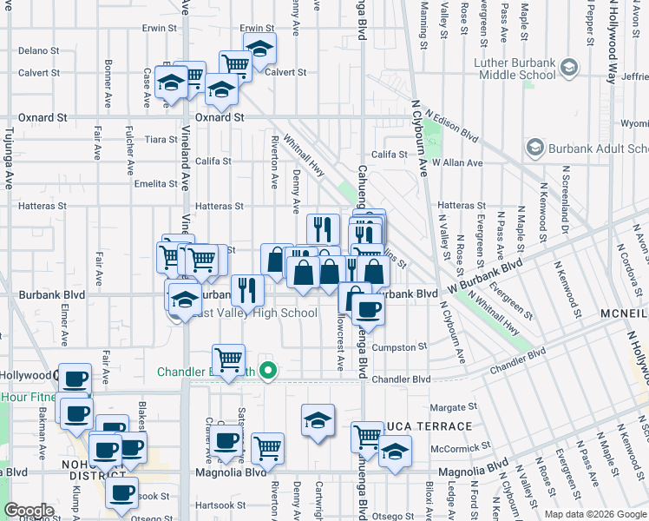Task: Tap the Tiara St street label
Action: click(x=161, y=139)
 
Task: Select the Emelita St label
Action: click(x=156, y=183)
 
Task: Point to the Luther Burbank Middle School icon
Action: click(x=569, y=67)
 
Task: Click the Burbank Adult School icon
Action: click(x=534, y=148)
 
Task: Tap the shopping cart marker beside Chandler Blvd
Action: click(x=228, y=359)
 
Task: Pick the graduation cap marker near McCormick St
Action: click(x=395, y=452)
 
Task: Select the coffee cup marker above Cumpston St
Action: click(x=368, y=310)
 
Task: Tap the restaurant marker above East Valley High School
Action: click(x=248, y=290)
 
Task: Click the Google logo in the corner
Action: click(x=29, y=511)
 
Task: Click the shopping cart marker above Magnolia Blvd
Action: click(x=268, y=448)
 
